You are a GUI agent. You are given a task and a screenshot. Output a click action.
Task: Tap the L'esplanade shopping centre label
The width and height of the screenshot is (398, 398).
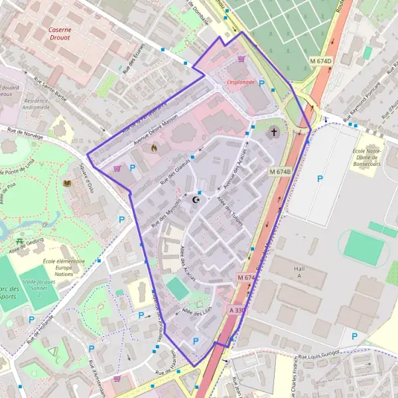240,82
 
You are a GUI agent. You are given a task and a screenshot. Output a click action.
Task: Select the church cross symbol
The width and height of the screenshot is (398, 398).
274,133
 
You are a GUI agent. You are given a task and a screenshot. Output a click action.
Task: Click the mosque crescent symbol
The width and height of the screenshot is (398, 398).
196,199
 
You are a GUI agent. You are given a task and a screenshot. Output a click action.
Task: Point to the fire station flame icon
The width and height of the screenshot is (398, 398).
155,147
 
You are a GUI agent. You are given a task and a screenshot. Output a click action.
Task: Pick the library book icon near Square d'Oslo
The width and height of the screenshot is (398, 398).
66,183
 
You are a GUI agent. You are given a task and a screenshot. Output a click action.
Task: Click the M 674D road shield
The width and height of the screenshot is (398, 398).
320,61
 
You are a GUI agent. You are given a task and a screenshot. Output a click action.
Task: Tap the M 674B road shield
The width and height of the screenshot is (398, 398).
281,171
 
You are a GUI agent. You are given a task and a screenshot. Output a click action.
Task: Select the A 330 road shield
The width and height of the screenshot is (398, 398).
238,310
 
